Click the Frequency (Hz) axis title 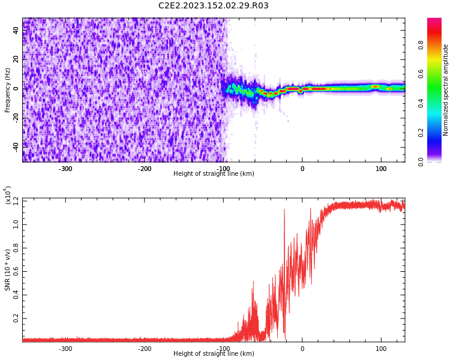click(8, 90)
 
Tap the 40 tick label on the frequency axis click(17, 30)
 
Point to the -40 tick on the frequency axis click(17, 146)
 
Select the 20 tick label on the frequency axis click(17, 59)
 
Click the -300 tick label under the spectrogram click(65, 169)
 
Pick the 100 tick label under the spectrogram click(381, 169)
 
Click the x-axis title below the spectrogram click(214, 174)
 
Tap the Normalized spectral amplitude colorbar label click(446, 90)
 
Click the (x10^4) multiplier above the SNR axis click(8, 196)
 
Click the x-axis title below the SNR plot click(214, 354)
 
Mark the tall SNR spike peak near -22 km click(284, 210)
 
